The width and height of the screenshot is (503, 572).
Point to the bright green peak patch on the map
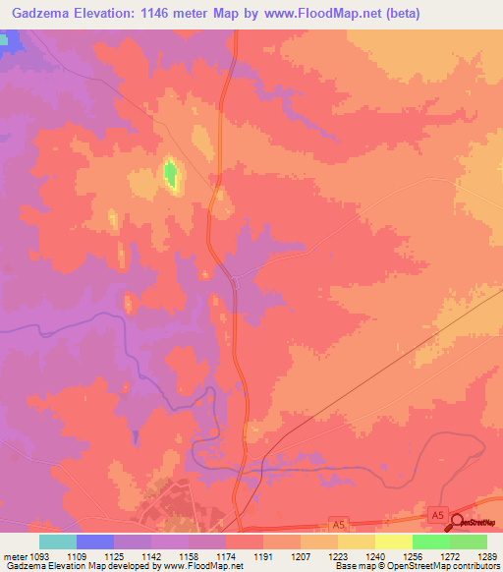click(x=170, y=175)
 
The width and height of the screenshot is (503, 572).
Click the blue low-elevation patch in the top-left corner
click(x=10, y=42)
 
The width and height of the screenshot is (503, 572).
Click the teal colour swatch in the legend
click(x=57, y=542)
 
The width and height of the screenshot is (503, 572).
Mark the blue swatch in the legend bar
click(x=94, y=542)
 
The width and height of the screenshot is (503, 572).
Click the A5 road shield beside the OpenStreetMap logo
click(x=438, y=513)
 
